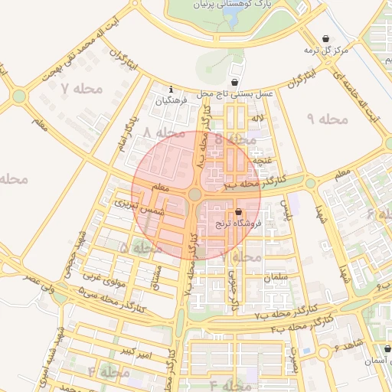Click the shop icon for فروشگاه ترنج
click(x=238, y=212)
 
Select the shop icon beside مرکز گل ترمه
click(x=327, y=38)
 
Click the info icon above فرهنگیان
click(x=170, y=90)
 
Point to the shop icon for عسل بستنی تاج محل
click(x=234, y=82)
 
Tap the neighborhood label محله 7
click(x=81, y=88)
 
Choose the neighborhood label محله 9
click(x=327, y=119)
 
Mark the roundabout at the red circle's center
click(x=196, y=196)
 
